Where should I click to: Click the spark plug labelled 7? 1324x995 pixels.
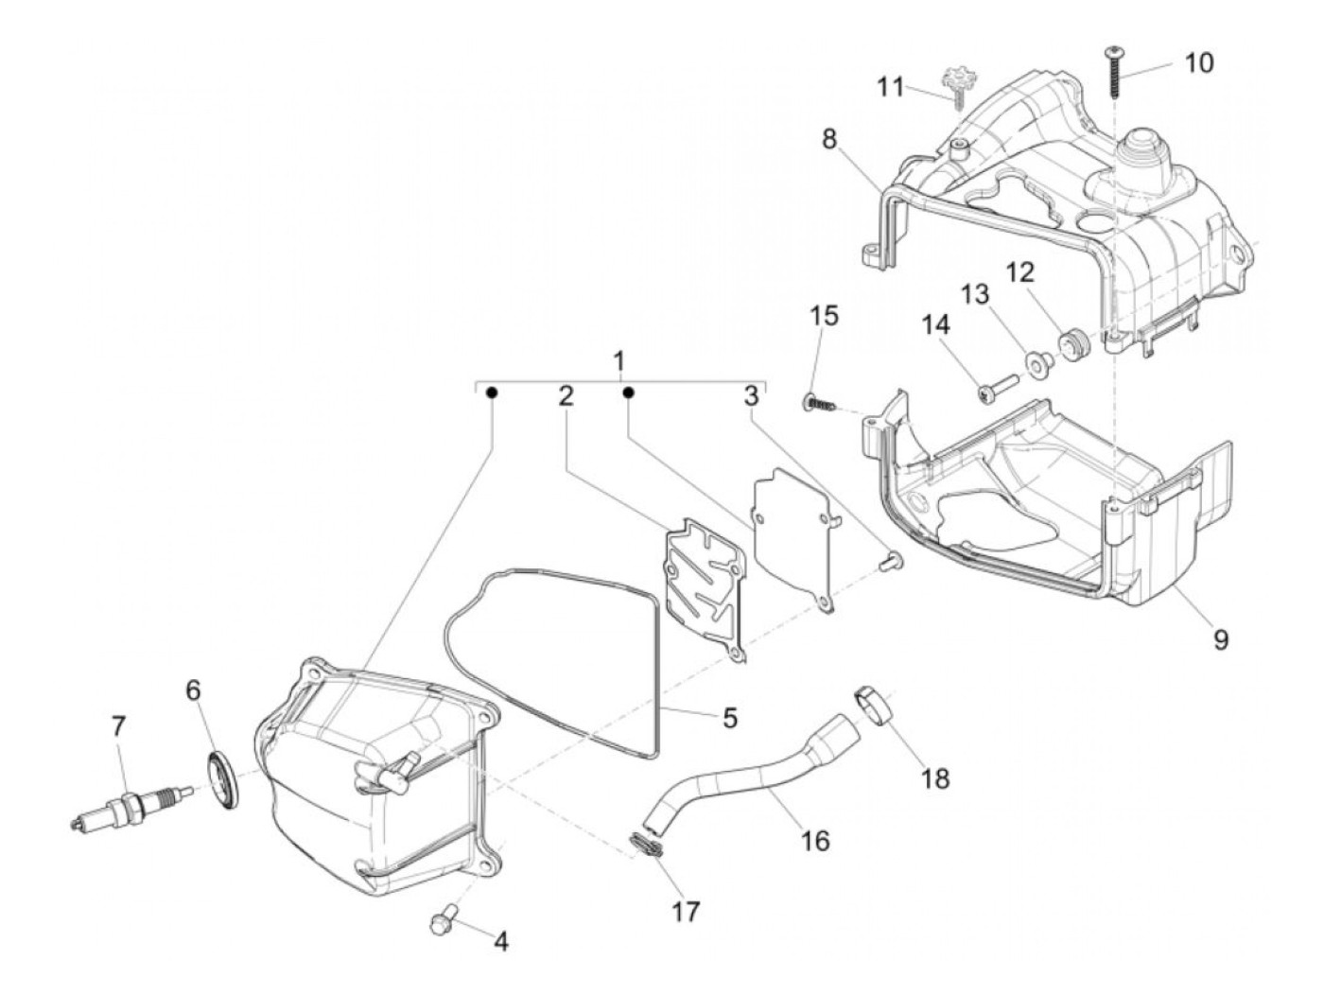[132, 806]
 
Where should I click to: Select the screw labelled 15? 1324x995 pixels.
[823, 404]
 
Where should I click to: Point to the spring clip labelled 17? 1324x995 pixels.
[646, 845]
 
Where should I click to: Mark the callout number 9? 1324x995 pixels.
[1220, 640]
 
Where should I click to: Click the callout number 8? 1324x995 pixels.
[829, 140]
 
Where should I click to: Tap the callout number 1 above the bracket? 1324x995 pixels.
[618, 361]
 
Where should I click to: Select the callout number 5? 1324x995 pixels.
[729, 717]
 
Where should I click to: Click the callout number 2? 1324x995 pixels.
[566, 395]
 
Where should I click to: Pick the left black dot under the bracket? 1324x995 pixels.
[492, 392]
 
